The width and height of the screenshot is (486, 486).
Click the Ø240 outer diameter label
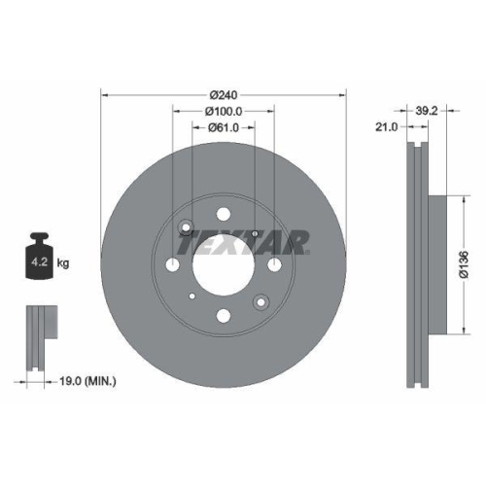(x=224, y=94)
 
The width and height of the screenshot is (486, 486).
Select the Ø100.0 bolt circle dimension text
(x=224, y=113)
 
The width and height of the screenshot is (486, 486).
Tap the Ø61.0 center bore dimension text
(x=224, y=130)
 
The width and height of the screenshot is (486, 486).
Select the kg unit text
(x=63, y=262)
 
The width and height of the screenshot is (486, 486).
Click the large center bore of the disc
(x=224, y=263)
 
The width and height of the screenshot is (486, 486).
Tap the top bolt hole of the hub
(x=224, y=214)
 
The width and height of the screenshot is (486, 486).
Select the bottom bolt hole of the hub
(x=224, y=314)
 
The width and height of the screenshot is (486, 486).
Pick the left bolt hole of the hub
(x=174, y=264)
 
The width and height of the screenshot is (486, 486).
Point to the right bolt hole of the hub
(x=274, y=264)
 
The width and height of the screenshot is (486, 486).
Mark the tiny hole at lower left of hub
(x=193, y=295)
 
